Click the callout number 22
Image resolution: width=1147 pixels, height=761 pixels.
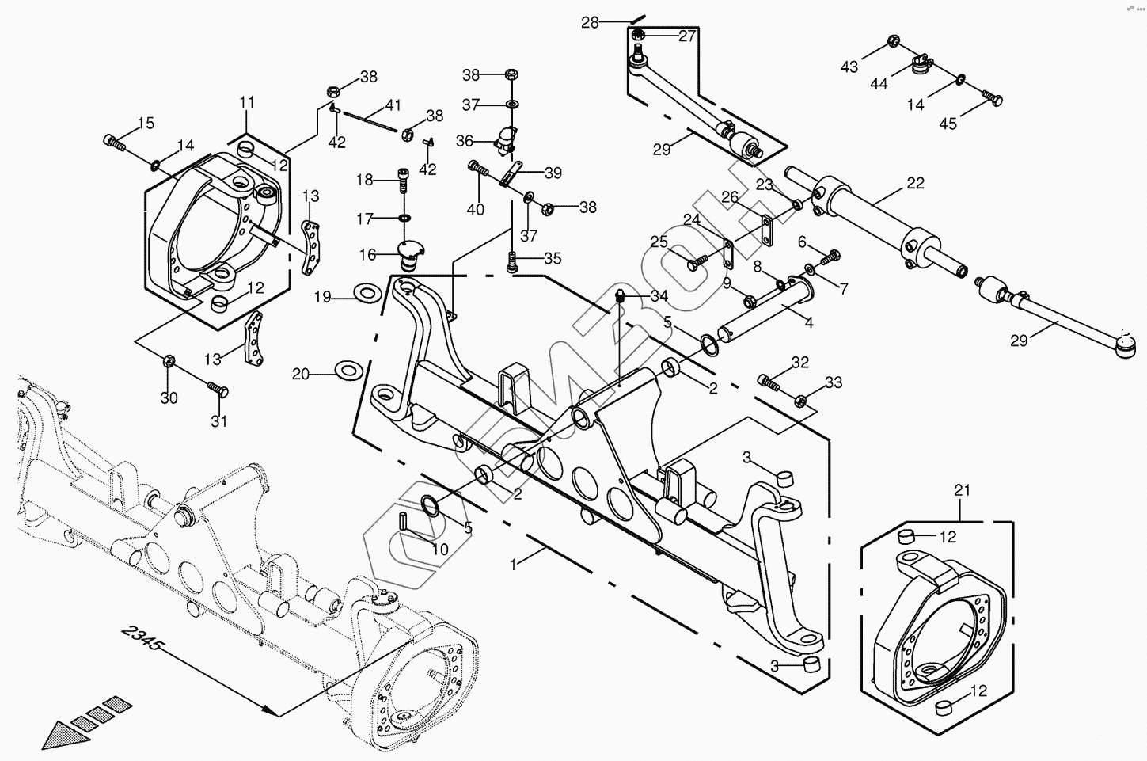coord(915,183)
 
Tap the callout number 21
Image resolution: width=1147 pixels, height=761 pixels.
coord(962,490)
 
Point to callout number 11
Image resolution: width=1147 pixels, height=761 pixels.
coord(247,102)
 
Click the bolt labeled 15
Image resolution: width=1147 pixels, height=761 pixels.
coord(115,143)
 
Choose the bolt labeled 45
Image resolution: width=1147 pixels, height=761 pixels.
coord(992,99)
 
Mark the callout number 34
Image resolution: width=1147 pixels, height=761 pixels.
coord(659,295)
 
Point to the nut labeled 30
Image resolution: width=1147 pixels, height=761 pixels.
coord(169,362)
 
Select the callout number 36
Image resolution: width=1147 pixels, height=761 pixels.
coord(464,141)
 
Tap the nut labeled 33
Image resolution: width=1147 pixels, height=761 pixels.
coord(801,400)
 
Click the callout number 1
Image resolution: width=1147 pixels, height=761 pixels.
coord(515,565)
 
